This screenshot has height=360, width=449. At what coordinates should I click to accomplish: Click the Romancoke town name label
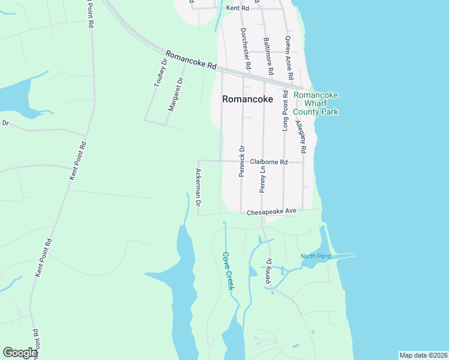click(x=247, y=100)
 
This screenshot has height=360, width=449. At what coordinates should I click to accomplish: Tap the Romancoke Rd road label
click(x=190, y=59)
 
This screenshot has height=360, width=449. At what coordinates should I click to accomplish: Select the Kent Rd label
click(x=238, y=8)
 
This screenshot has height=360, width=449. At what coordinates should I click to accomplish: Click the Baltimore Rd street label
click(x=268, y=56)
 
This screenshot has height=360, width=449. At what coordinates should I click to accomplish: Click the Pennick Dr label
click(x=242, y=161)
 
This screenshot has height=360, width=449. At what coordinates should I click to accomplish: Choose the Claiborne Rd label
click(x=269, y=162)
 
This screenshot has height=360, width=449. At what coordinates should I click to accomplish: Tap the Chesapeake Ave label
click(x=272, y=211)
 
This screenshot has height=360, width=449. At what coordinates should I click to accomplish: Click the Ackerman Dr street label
click(x=197, y=188)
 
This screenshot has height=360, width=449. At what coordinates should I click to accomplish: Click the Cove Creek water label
click(x=228, y=271)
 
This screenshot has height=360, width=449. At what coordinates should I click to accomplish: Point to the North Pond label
click(x=316, y=257)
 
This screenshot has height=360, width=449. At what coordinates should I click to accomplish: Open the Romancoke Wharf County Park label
click(x=316, y=103)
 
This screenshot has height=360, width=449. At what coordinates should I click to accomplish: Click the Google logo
click(x=20, y=353)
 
